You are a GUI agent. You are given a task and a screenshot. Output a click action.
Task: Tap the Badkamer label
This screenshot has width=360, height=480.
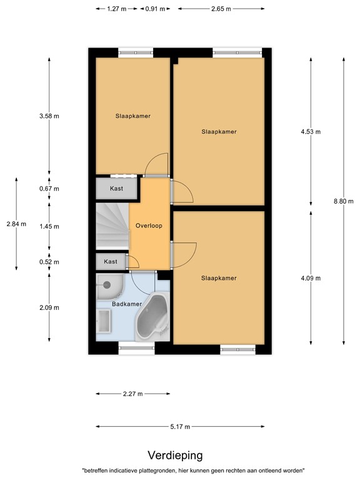click(126, 304)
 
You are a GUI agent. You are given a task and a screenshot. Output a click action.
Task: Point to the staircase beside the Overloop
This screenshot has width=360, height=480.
click(112, 226)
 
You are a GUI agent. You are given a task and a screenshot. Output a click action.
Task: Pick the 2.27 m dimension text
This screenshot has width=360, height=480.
click(132, 394)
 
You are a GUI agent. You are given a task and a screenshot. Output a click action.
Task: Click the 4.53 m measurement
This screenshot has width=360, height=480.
click(310, 132)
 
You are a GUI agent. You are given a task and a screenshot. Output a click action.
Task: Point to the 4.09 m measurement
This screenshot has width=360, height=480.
click(310, 278)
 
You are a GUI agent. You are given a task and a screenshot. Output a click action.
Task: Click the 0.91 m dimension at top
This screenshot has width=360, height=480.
click(155, 9)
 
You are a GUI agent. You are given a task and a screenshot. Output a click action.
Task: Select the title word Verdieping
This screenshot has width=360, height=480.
click(175, 456)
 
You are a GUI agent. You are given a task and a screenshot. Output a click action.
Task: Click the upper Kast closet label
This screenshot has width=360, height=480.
click(116, 188)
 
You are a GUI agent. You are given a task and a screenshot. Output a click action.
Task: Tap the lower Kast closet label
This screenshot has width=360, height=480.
click(111, 261)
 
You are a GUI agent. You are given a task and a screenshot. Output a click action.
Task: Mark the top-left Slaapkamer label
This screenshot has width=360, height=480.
click(132, 116)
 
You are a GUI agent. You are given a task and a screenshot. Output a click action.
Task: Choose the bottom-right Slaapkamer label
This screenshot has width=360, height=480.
click(219, 278)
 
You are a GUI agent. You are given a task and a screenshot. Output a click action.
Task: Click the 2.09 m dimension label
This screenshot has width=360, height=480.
click(49, 307)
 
